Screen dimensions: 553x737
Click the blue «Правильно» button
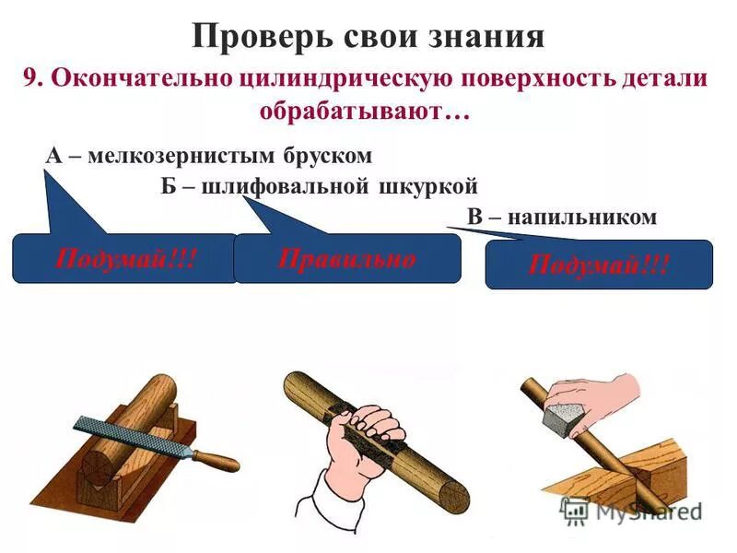click(x=346, y=258)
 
